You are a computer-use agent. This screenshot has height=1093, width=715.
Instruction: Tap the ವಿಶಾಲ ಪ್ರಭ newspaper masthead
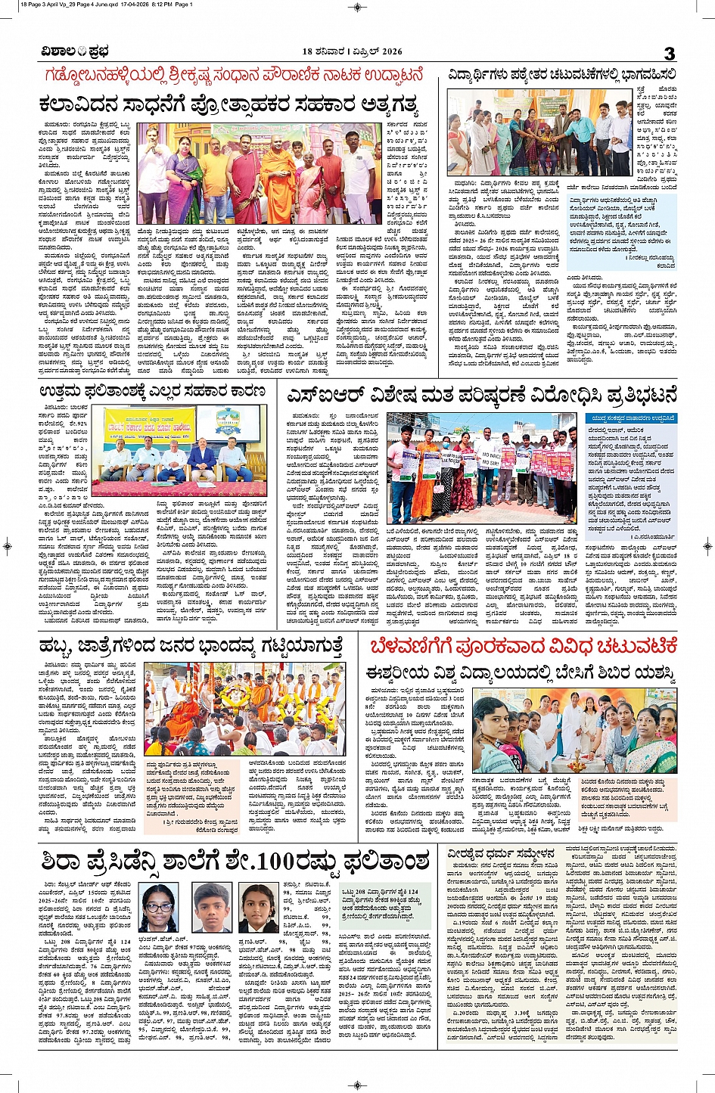(x=74, y=51)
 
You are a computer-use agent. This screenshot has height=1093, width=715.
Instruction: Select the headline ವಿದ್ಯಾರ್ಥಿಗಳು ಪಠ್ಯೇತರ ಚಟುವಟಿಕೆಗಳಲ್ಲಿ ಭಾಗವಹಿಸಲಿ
(x=561, y=75)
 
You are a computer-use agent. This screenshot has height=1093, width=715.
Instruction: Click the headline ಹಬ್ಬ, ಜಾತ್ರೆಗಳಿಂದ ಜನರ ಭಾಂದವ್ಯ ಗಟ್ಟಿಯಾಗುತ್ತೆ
(x=191, y=646)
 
